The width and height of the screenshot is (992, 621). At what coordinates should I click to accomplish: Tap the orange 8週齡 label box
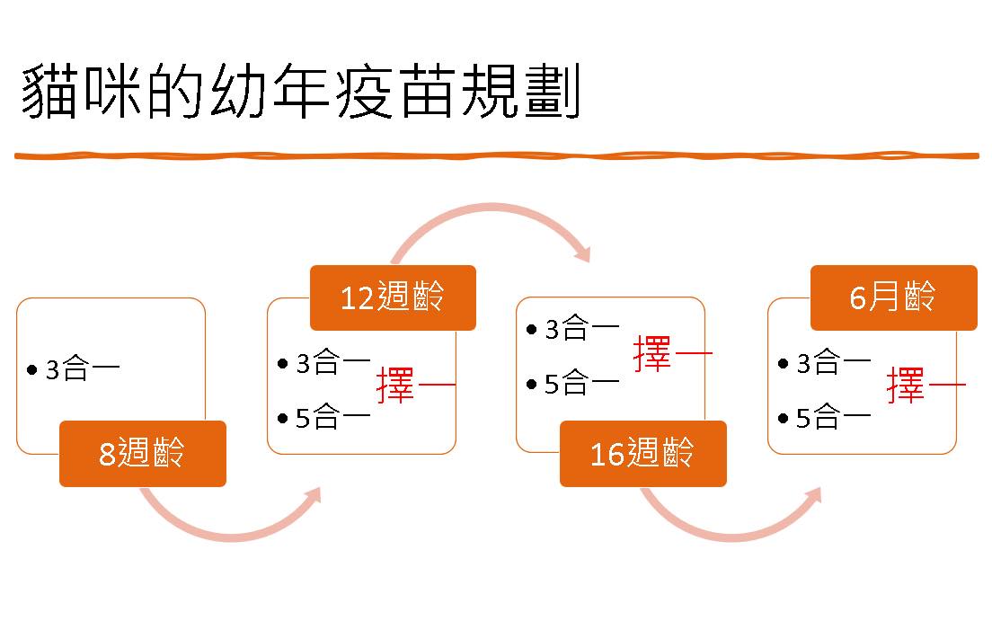(x=143, y=454)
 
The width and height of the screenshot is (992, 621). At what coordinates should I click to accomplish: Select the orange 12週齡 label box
(x=393, y=297)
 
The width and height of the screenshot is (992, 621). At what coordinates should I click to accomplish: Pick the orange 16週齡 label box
(x=642, y=454)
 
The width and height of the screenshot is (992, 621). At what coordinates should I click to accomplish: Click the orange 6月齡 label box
(x=893, y=297)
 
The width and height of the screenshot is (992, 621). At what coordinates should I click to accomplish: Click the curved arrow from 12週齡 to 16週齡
(x=490, y=213)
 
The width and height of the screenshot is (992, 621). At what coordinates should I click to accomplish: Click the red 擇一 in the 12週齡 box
(x=416, y=386)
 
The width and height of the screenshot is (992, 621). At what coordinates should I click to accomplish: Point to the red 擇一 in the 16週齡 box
(x=672, y=354)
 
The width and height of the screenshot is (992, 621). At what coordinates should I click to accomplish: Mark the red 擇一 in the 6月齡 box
(x=926, y=386)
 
